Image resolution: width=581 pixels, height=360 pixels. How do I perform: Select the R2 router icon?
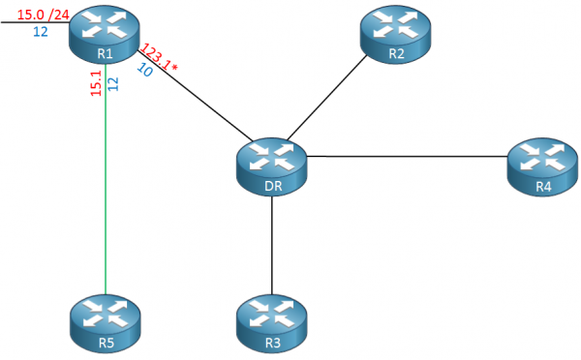tap(395, 34)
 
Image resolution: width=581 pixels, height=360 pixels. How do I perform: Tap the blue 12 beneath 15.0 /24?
tap(41, 31)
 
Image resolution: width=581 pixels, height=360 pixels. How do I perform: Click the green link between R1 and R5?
tap(105, 194)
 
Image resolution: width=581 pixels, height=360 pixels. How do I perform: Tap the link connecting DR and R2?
tap(334, 97)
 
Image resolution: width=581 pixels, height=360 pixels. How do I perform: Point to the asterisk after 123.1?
tap(174, 66)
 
